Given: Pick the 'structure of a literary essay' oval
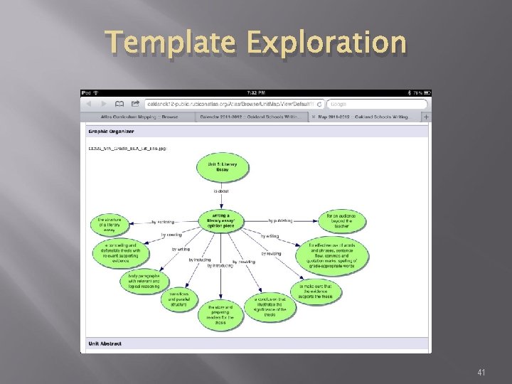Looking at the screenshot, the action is point(114,225).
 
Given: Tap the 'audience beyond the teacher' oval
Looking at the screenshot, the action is point(341,221).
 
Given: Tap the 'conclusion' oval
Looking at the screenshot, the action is point(270,307).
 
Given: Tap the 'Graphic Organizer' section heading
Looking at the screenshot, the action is point(111,132).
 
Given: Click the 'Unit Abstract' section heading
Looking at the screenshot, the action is point(105,343).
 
